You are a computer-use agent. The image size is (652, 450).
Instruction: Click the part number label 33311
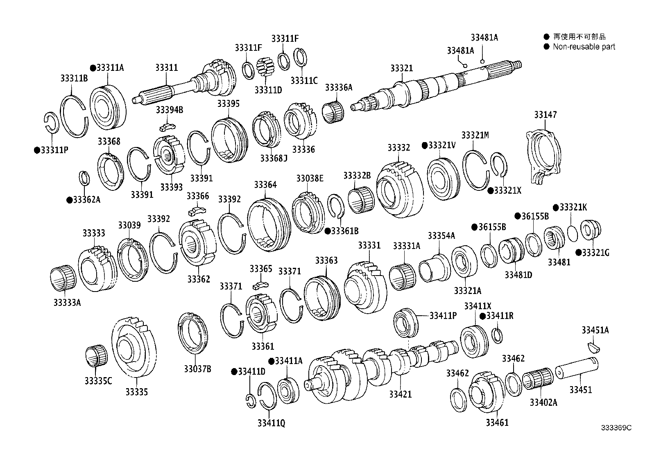tap(166, 68)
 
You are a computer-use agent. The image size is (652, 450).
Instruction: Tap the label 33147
tap(545, 115)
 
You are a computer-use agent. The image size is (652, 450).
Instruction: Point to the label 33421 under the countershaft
tap(400, 394)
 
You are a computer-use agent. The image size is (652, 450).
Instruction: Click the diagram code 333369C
tap(616, 428)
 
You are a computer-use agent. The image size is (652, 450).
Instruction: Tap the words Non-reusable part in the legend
tap(584, 47)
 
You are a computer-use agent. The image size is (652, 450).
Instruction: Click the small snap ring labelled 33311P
tap(51, 122)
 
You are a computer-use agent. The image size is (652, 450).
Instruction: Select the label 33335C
tap(98, 381)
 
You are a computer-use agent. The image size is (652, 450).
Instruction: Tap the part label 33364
tap(265, 185)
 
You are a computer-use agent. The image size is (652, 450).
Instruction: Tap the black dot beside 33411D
tap(234, 371)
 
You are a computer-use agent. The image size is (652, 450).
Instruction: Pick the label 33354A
tap(441, 236)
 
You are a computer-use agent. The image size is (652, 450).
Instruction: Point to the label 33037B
tap(197, 369)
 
